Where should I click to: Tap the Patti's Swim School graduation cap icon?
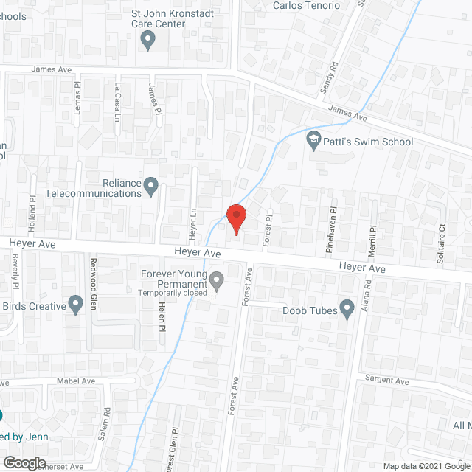[313, 140]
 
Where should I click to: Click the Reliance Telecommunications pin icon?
[151, 186]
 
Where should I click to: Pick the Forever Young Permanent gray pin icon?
[216, 280]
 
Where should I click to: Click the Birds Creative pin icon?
[75, 304]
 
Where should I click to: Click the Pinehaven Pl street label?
[331, 231]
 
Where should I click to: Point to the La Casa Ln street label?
[117, 97]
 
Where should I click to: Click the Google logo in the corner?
[24, 462]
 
